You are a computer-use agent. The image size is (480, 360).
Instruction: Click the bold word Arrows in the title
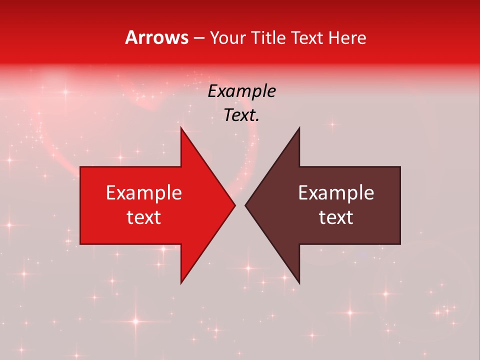pyautogui.click(x=156, y=37)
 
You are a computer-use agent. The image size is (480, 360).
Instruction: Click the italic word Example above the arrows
pyautogui.click(x=241, y=91)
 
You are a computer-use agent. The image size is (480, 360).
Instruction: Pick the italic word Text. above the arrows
pyautogui.click(x=241, y=115)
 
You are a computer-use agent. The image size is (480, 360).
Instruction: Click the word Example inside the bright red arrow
pyautogui.click(x=144, y=193)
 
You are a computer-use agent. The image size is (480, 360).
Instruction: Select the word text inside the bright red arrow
pyautogui.click(x=144, y=217)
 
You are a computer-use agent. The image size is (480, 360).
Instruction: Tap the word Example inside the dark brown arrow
pyautogui.click(x=336, y=193)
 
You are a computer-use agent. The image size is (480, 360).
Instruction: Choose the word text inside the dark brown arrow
pyautogui.click(x=336, y=217)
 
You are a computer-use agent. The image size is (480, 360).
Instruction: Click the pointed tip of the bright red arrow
pyautogui.click(x=235, y=205)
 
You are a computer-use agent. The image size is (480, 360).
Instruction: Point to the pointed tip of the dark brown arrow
pyautogui.click(x=245, y=205)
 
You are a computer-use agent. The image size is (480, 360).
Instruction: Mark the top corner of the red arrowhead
pyautogui.click(x=181, y=127)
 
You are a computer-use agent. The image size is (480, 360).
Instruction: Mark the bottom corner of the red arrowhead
pyautogui.click(x=181, y=283)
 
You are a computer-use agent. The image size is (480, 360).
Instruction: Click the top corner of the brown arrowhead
pyautogui.click(x=299, y=127)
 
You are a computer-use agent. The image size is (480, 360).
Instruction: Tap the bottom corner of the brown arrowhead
pyautogui.click(x=299, y=283)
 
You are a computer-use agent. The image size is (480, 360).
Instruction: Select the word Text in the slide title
pyautogui.click(x=306, y=37)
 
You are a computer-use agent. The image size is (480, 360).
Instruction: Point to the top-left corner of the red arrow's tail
pyautogui.click(x=80, y=167)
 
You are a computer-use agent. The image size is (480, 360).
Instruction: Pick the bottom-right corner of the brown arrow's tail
pyautogui.click(x=400, y=244)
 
